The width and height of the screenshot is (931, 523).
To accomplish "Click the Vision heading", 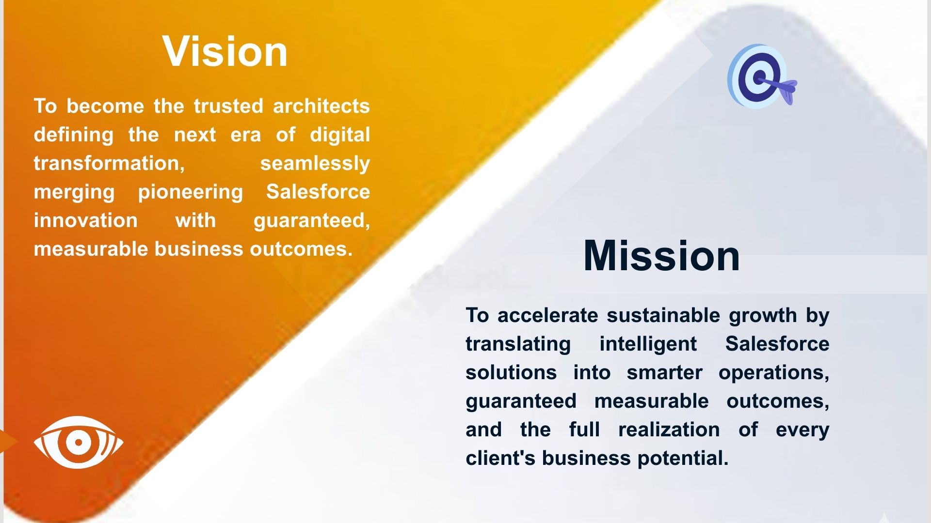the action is pos(225,51).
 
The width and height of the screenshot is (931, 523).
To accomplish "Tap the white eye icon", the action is pos(79,442).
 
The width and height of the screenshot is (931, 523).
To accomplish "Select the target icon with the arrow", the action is pos(762,77).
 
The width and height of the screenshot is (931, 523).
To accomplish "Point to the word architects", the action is pos(321,106).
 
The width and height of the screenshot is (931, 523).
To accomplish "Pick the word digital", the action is pos(340,135).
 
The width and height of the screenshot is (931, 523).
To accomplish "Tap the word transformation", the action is pos(109,163).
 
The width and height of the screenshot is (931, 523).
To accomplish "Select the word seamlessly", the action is pos(315,164).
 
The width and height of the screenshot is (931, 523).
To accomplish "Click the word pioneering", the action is pos(191,192).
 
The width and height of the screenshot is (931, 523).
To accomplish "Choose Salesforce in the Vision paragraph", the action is pos(318,192).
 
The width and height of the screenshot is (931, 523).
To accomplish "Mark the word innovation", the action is pos(86,220).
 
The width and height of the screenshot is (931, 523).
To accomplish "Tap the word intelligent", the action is pos(648,344).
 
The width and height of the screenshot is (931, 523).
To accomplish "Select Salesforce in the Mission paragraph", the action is pos(777,344).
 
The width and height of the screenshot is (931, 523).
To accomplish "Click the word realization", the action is pos(669,430).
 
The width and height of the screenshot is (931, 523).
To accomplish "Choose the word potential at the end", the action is pos(683,459).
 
